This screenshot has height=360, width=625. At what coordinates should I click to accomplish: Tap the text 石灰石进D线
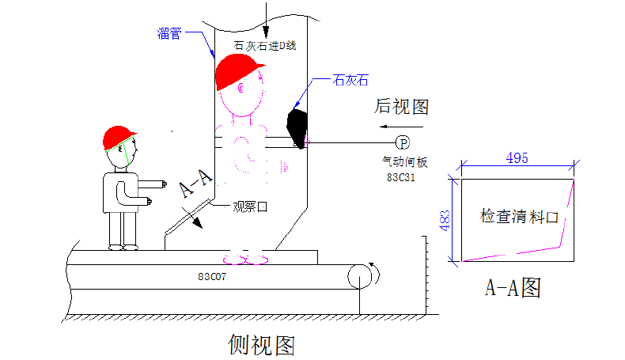[265, 45]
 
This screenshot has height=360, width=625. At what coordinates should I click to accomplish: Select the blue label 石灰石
[350, 79]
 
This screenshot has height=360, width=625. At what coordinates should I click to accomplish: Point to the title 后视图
[401, 106]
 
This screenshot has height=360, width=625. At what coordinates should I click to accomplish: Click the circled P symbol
[403, 143]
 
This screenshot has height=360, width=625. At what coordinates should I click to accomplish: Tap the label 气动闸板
[404, 162]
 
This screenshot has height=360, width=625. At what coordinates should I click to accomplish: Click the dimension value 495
[517, 158]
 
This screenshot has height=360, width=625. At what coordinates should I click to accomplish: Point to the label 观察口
[250, 207]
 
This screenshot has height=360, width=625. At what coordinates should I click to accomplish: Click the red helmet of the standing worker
[119, 138]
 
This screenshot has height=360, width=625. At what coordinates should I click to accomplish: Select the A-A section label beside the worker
[195, 184]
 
